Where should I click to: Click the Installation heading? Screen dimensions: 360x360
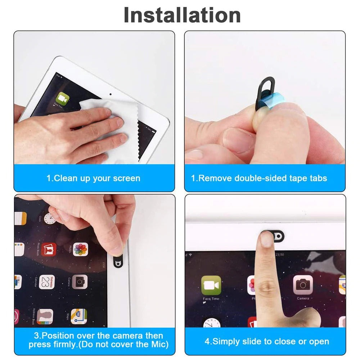point(182,15)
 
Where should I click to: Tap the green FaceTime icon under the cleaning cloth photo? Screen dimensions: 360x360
point(63,98)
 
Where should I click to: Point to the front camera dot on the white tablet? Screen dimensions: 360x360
point(110,95)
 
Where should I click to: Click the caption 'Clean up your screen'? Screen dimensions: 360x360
point(93,178)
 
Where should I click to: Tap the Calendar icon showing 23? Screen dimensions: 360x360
point(47,282)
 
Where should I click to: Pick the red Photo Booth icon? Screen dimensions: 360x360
point(49,249)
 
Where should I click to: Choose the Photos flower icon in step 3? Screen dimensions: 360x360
point(80,249)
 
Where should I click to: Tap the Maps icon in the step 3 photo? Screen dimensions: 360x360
point(79,316)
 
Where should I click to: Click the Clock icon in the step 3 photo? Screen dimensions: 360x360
point(50,219)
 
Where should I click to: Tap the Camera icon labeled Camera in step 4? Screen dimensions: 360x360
point(303,285)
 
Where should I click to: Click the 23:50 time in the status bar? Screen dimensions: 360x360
point(279,255)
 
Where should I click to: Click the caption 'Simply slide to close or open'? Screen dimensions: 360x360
point(267,341)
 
